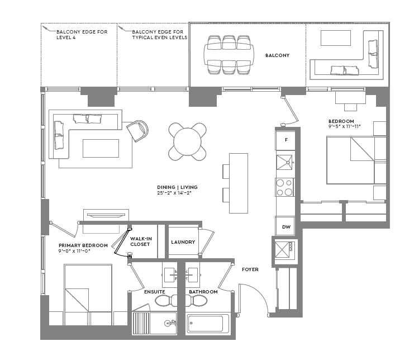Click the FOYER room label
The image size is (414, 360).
click(x=250, y=269)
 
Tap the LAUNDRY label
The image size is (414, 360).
click(x=183, y=242)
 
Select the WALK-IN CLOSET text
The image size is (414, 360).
click(x=141, y=241)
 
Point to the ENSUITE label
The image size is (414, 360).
click(x=154, y=292)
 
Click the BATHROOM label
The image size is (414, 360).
click(x=203, y=292)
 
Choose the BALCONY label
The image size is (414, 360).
click(x=277, y=55)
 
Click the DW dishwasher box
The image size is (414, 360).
click(x=285, y=226)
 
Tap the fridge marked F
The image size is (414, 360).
click(x=286, y=140)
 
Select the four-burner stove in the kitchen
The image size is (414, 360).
click(x=285, y=187)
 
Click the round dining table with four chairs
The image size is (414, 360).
click(x=188, y=141)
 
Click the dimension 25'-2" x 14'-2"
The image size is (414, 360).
click(x=177, y=193)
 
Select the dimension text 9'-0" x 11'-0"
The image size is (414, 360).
click(x=75, y=251)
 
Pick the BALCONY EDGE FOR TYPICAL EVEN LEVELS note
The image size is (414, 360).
click(x=159, y=35)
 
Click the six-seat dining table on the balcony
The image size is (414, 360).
click(x=229, y=55)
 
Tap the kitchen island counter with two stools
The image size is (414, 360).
click(x=239, y=183)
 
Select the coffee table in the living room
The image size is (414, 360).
click(x=101, y=148)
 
